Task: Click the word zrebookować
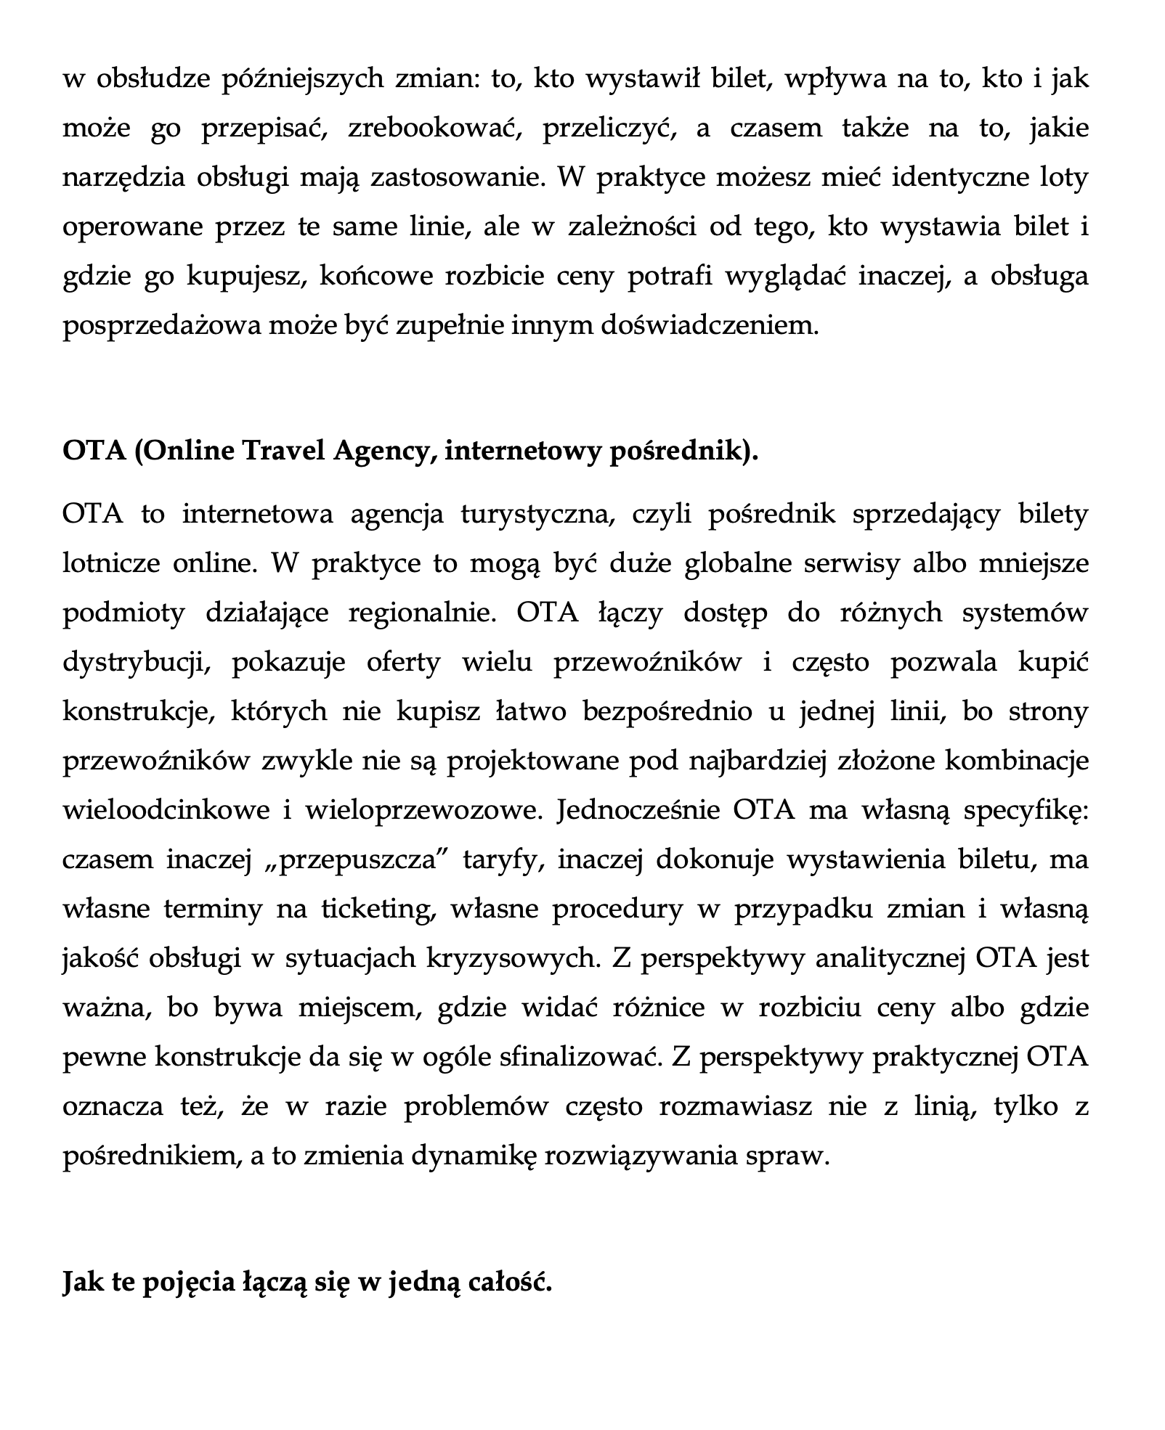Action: (435, 128)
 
